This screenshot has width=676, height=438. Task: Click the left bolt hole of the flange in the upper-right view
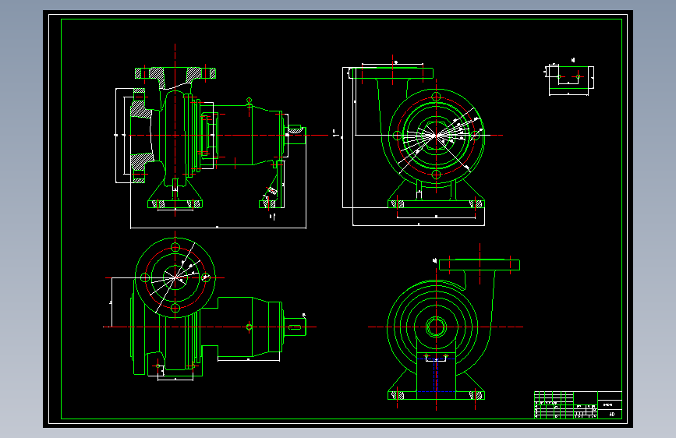point(397,135)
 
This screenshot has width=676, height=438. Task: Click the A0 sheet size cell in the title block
point(611,414)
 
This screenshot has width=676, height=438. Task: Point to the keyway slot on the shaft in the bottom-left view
point(297,327)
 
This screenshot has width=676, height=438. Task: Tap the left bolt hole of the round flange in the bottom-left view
point(144,277)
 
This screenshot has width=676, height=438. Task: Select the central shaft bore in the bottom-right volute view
point(436,327)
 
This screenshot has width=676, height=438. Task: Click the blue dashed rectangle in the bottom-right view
point(436,375)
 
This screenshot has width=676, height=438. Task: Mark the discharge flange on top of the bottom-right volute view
point(479,264)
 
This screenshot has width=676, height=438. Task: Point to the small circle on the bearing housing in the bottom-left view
point(249,327)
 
